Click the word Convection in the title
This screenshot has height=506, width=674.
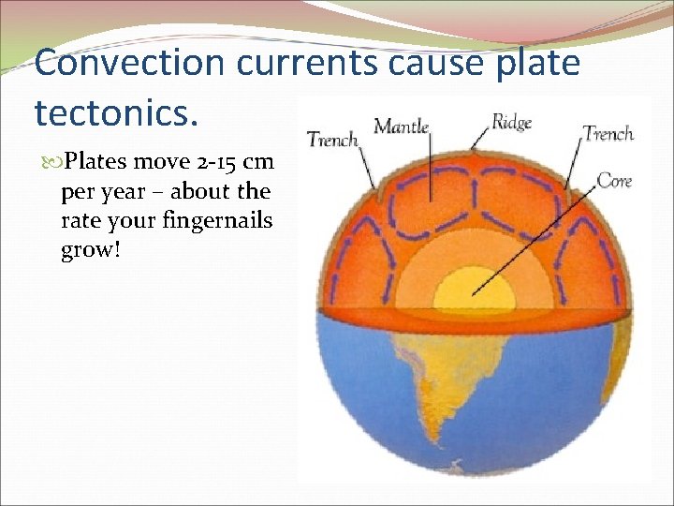pyautogui.click(x=129, y=63)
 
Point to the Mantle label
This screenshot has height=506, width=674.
pyautogui.click(x=401, y=126)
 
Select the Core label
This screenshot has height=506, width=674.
pyautogui.click(x=614, y=179)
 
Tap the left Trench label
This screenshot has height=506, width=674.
pyautogui.click(x=332, y=140)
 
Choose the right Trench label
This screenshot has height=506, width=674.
pyautogui.click(x=608, y=133)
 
